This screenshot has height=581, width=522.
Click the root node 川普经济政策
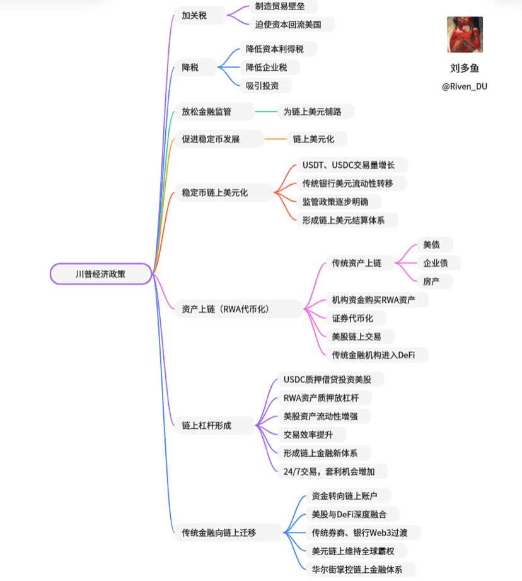point(101,274)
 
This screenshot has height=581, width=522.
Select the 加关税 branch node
point(200,16)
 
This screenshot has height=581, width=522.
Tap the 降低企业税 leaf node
point(270,67)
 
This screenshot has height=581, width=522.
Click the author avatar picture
point(465,35)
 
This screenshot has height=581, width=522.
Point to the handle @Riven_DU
point(465,86)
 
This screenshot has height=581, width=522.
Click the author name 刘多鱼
point(465,68)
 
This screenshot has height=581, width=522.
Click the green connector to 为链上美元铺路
point(266,112)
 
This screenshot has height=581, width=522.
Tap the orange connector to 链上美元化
point(275,139)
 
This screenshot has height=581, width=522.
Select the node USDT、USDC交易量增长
point(352,165)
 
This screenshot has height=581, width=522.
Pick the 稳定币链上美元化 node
point(224,192)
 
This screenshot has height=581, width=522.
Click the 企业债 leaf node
point(439,263)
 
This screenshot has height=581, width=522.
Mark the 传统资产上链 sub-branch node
point(360,263)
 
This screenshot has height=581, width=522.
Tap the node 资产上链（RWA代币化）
point(239,309)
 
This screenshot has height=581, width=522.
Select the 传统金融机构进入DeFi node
point(377,355)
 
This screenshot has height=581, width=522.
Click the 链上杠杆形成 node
point(215,425)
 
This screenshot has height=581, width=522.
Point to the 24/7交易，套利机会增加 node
point(332,471)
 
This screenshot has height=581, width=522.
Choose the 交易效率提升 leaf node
point(311,435)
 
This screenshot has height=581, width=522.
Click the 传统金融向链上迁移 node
point(229,533)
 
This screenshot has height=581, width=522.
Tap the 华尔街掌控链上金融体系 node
point(361,570)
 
